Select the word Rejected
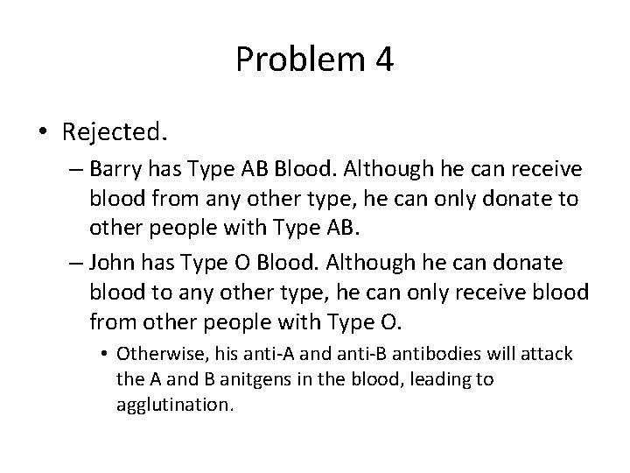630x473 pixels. tap(114, 132)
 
